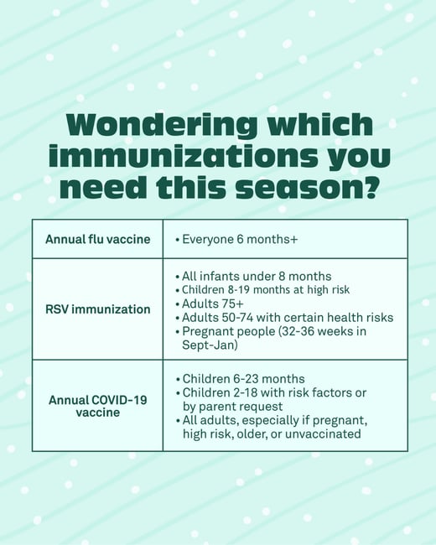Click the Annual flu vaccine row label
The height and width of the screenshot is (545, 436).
(97, 239)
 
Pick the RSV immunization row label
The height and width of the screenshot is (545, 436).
(97, 309)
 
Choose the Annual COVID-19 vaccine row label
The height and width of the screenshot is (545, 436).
(97, 406)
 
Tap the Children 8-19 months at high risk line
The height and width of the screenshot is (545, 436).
(265, 290)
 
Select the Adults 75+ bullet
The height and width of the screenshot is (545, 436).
(210, 304)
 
